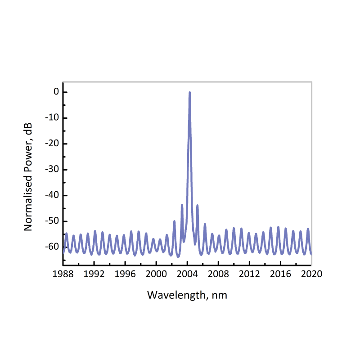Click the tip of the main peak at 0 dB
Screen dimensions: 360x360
tap(189, 92)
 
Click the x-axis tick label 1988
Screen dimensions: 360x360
tap(63, 273)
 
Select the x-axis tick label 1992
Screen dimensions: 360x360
tap(94, 273)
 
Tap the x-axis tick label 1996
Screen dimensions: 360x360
tap(125, 273)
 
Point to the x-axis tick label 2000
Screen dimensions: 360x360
tap(156, 273)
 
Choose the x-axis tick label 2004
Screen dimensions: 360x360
tap(187, 273)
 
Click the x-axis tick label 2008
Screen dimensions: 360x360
tap(218, 273)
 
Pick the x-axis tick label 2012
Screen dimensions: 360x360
tap(249, 273)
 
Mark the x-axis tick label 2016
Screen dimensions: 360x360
tap(280, 273)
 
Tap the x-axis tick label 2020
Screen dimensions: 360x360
tap(311, 273)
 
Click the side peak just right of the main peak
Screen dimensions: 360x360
tap(197, 205)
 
